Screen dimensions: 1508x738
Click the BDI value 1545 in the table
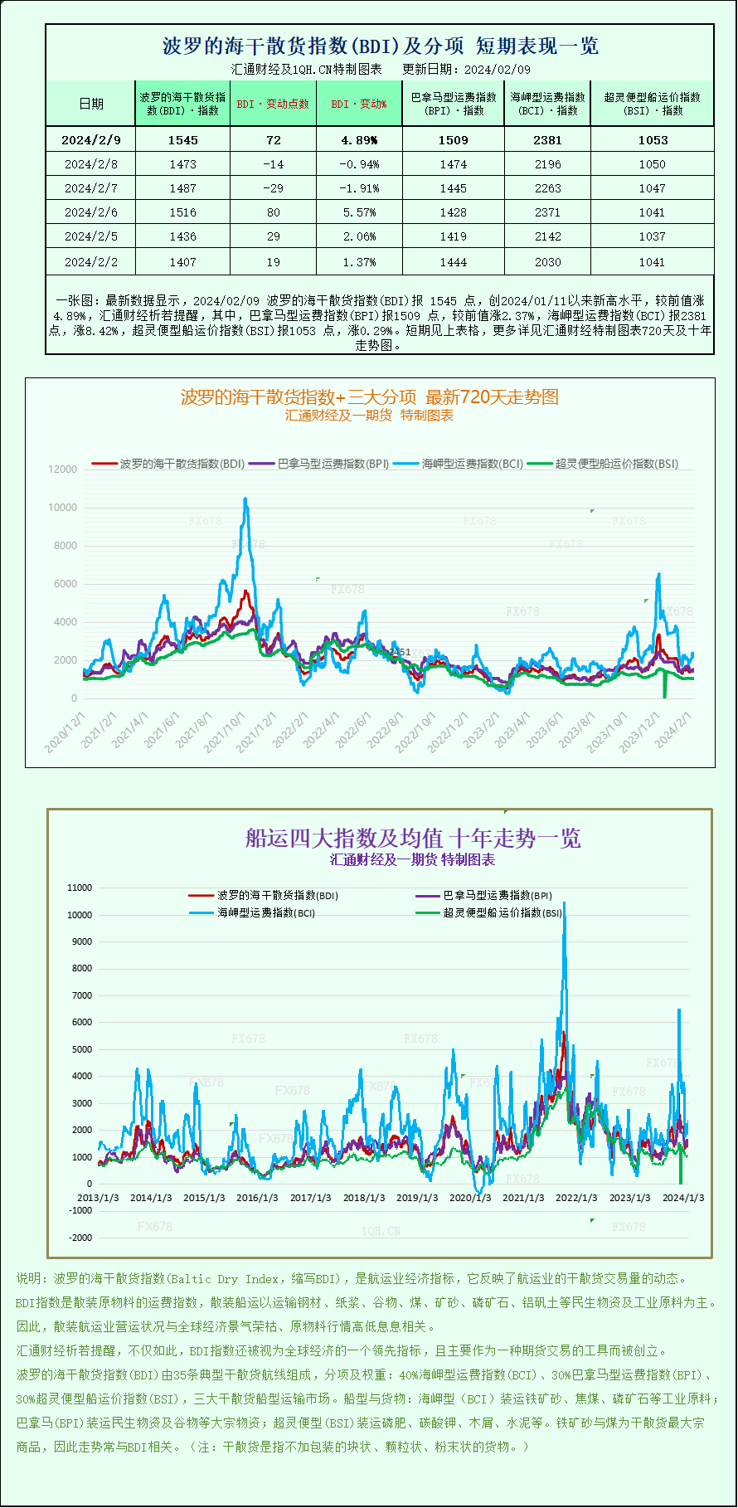click(x=182, y=140)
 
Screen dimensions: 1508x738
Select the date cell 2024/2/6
click(x=91, y=212)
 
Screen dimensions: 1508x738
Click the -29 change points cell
click(x=273, y=188)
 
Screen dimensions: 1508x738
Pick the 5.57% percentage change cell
click(x=359, y=212)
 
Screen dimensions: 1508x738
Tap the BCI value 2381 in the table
click(x=547, y=140)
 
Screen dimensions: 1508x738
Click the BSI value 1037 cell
click(x=652, y=236)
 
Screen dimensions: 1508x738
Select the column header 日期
click(x=91, y=104)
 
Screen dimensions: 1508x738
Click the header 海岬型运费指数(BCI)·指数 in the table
click(x=547, y=104)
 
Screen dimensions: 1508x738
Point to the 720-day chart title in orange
click(x=369, y=397)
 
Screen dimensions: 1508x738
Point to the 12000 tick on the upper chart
click(x=63, y=469)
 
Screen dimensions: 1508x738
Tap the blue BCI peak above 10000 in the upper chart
click(x=245, y=499)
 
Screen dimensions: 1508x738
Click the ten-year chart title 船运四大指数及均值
click(x=412, y=838)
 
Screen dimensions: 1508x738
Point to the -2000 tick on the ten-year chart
click(x=80, y=1238)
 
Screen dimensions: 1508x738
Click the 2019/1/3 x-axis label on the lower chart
click(x=417, y=1198)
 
